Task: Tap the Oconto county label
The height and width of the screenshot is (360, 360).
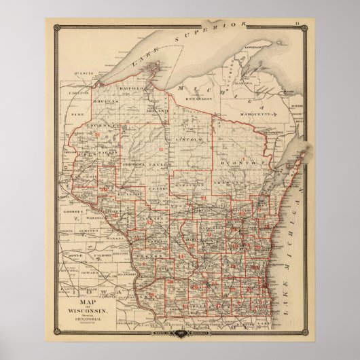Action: click(239, 164)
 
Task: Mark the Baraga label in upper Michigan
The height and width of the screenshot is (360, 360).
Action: click(254, 86)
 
